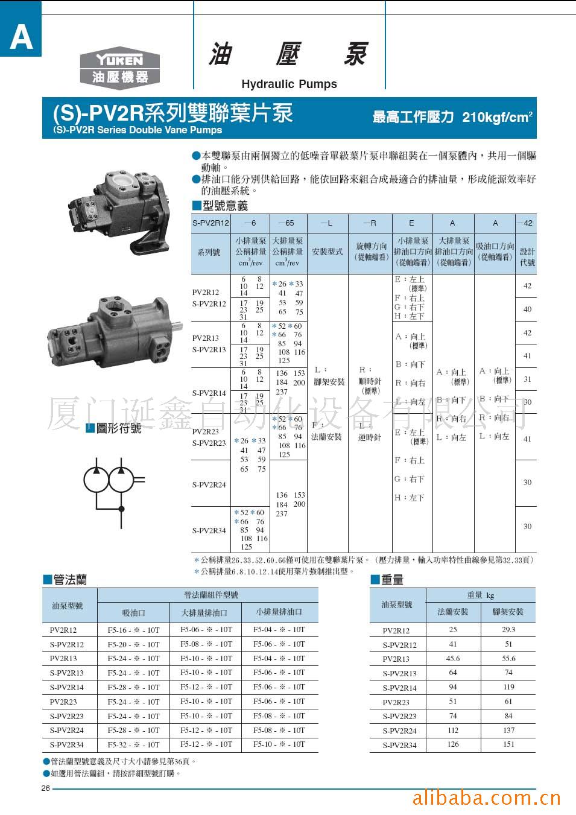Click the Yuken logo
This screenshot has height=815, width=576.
(119, 67)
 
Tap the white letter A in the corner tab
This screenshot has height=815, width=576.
(21, 37)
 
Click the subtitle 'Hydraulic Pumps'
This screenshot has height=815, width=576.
(289, 84)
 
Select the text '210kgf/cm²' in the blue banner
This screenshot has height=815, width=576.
(497, 117)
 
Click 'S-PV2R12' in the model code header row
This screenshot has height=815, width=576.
(210, 223)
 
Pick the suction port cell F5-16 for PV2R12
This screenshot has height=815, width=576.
(133, 630)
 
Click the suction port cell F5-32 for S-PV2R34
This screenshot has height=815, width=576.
(133, 744)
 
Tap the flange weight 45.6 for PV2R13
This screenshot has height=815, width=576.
(453, 659)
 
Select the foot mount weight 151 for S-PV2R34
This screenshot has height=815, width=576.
(508, 744)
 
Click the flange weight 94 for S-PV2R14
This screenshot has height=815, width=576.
(453, 687)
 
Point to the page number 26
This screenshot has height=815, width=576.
(46, 788)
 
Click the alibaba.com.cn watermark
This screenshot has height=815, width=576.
(486, 798)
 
